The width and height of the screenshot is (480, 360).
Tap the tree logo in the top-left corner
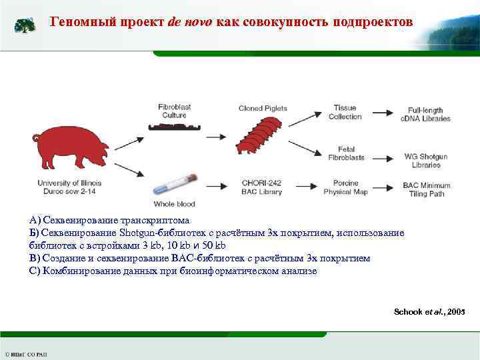25,26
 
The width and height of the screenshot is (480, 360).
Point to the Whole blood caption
174,204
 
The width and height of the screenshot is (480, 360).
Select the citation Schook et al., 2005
429,312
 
